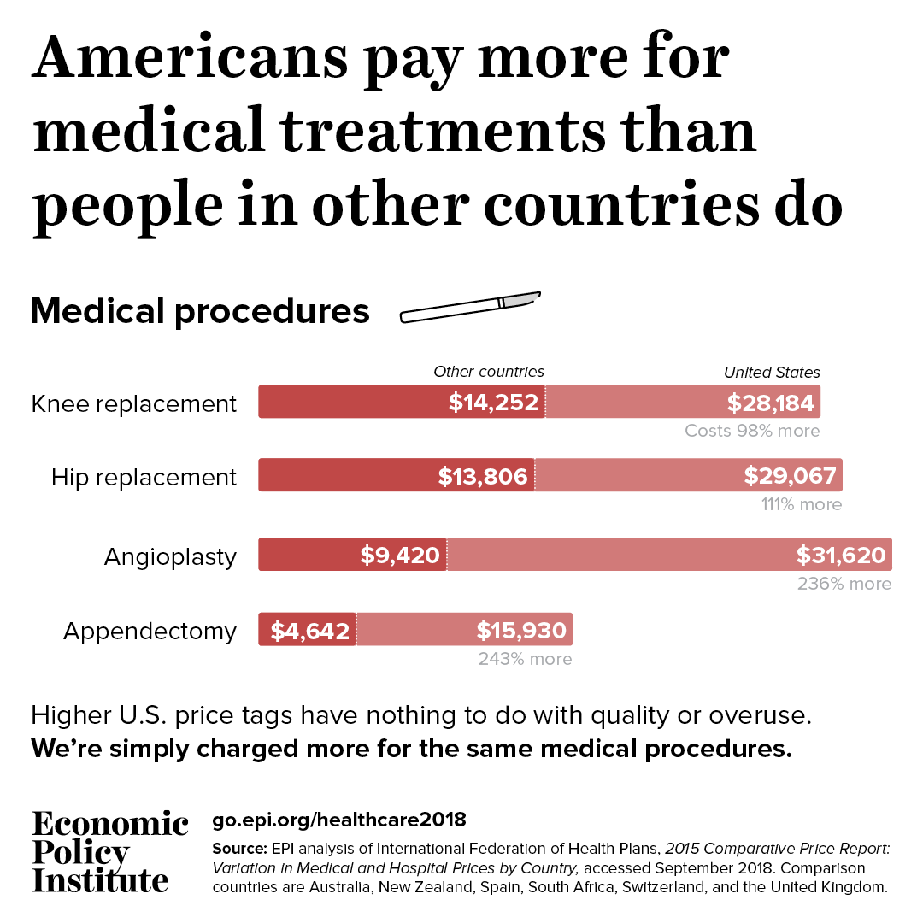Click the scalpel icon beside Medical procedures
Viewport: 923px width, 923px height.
pyautogui.click(x=470, y=308)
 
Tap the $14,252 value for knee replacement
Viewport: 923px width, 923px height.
pyautogui.click(x=493, y=403)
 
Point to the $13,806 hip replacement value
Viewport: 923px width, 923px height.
pyautogui.click(x=483, y=476)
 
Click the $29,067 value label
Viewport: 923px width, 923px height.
pyautogui.click(x=790, y=476)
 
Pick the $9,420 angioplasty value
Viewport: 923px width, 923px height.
pyautogui.click(x=400, y=556)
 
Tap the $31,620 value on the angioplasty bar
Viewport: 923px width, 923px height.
pyautogui.click(x=841, y=556)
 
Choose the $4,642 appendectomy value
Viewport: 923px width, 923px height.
pyautogui.click(x=310, y=631)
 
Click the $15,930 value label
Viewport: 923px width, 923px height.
pyautogui.click(x=521, y=631)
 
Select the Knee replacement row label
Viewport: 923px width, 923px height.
pyautogui.click(x=134, y=403)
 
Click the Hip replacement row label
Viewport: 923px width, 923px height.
pyautogui.click(x=144, y=477)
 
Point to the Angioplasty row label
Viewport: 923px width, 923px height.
pyautogui.click(x=170, y=557)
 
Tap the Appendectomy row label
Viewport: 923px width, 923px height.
pyautogui.click(x=150, y=632)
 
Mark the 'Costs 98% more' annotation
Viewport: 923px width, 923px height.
pyautogui.click(x=752, y=431)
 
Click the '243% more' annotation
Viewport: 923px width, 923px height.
pyautogui.click(x=525, y=659)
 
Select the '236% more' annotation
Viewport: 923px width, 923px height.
pyautogui.click(x=844, y=584)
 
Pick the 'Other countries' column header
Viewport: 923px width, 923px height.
pyautogui.click(x=489, y=372)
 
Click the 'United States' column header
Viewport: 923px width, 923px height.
pyautogui.click(x=772, y=373)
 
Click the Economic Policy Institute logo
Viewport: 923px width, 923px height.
pyautogui.click(x=109, y=851)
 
